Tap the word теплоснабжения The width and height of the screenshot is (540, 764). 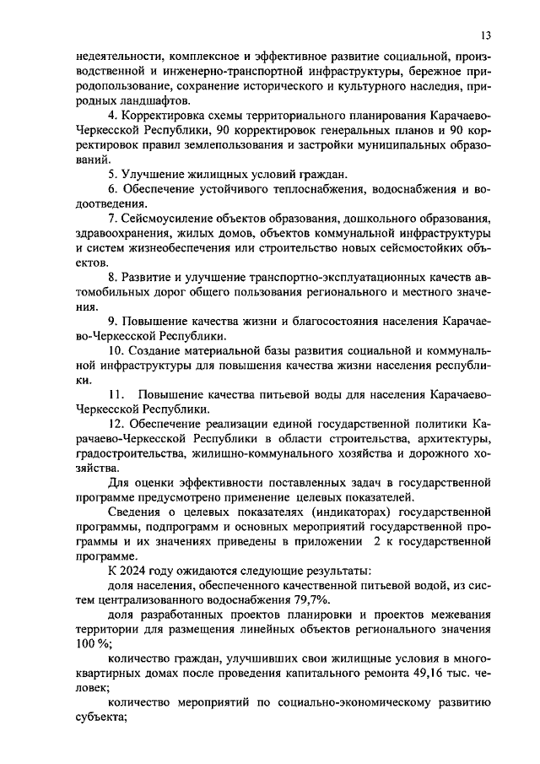304,188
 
